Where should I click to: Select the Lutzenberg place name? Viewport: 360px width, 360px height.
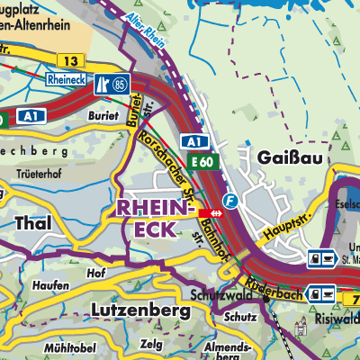pyautogui.click(x=140, y=310)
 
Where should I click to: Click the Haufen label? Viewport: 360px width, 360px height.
pyautogui.click(x=52, y=285)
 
